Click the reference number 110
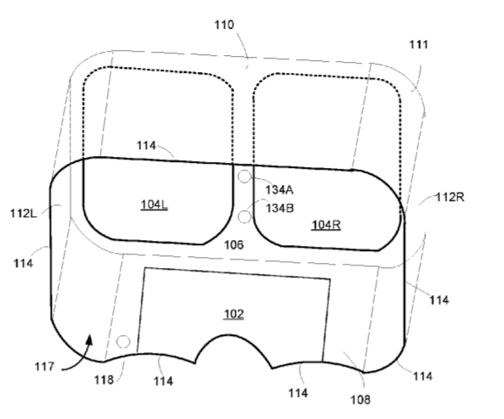click(x=224, y=25)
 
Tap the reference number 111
click(x=418, y=45)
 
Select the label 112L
click(x=24, y=213)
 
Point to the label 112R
click(x=450, y=197)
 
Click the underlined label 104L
click(x=154, y=204)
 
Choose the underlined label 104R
click(x=326, y=225)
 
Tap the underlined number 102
click(x=233, y=314)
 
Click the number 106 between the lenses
click(x=233, y=245)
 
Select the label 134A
click(x=279, y=190)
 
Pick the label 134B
click(x=279, y=209)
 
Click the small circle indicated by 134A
click(x=244, y=176)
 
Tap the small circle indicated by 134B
click(x=244, y=217)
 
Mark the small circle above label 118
click(x=123, y=342)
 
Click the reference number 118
click(x=104, y=380)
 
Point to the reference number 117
click(x=44, y=366)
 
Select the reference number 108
click(x=361, y=399)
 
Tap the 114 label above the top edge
click(x=146, y=146)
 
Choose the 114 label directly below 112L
click(x=23, y=264)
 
